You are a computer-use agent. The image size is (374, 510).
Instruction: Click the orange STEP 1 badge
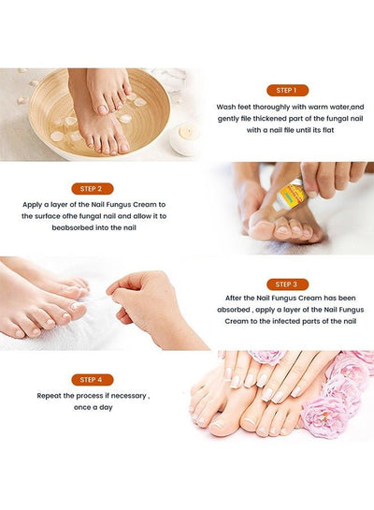pos(287,90)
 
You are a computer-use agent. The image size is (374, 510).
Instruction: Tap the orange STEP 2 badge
pos(93,188)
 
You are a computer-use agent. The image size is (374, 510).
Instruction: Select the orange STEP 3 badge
pos(287,284)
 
